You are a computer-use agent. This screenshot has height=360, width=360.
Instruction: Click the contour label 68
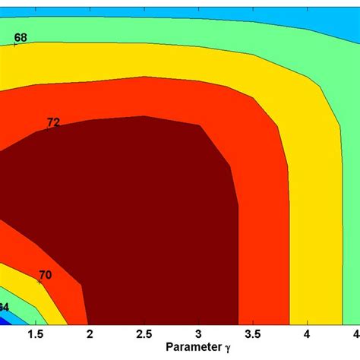click(21, 37)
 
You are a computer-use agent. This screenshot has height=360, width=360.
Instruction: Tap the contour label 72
click(53, 122)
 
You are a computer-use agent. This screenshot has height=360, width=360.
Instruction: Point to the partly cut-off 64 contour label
click(4, 307)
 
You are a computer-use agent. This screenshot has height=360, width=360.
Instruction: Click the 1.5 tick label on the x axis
click(35, 334)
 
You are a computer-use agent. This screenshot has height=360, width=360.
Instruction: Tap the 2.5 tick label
click(144, 334)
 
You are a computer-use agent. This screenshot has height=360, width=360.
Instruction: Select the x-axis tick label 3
click(198, 334)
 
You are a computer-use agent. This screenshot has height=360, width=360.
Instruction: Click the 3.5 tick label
click(252, 334)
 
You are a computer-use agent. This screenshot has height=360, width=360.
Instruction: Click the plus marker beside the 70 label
click(36, 282)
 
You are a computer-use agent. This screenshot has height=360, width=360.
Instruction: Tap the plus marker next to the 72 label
click(47, 129)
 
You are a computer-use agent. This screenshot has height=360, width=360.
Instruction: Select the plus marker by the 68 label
click(15, 45)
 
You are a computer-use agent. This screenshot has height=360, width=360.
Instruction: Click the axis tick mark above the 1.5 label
click(35, 322)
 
